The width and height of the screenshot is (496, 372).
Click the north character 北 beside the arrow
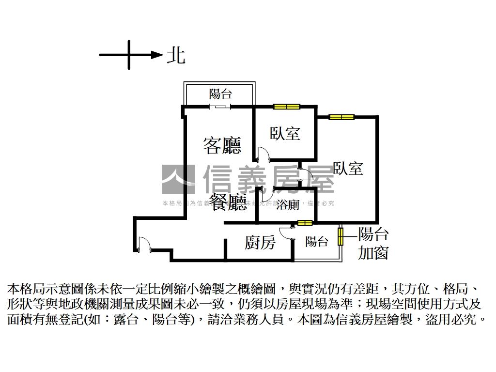(176, 55)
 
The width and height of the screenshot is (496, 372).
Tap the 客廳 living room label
(222, 145)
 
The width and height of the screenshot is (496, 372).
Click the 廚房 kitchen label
(260, 242)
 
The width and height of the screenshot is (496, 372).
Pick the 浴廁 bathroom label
(288, 205)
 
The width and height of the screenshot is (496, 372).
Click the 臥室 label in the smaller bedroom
(285, 133)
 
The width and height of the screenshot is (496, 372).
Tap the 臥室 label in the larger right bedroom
(348, 168)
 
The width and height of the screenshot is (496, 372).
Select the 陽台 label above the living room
(220, 94)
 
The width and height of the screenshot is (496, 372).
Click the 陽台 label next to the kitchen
(317, 241)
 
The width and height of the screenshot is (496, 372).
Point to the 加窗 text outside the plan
(373, 252)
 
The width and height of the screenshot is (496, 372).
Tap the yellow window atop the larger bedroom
(341, 117)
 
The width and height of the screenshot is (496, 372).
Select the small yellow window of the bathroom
(305, 223)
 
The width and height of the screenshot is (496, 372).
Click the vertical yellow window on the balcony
(341, 236)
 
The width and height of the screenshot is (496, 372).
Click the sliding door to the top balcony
(220, 107)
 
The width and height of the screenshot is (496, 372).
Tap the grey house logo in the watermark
(178, 179)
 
